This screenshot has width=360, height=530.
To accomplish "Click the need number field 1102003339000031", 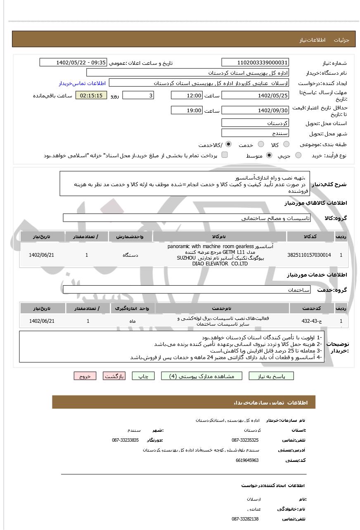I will pos(255,62).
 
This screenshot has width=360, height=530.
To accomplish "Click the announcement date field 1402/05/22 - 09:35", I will pos(73,62).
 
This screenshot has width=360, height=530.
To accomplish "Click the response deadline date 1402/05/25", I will pos(255,95).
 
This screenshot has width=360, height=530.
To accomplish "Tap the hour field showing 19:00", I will pos(187,110).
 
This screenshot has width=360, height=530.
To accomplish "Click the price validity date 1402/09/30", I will pos(255,110).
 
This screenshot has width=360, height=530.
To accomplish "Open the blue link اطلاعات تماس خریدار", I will pos(82,83).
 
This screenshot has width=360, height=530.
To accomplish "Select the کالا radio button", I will pos(286,144).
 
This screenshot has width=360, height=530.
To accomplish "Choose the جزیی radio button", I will pos(298,155).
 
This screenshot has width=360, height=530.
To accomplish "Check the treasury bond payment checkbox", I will pos(225,155).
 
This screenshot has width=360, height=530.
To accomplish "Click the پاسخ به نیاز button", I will pos(271,376).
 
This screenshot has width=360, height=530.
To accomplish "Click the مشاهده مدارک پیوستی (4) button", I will pos(202,376).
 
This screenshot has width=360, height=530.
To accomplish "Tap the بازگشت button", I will pos(114,376).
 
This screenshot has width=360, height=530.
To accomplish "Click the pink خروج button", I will pos(85,376).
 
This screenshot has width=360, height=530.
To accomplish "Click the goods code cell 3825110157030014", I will pos(309,255).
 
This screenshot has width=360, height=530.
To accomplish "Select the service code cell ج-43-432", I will pos(309,321).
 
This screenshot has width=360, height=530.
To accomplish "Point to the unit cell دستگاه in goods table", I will pos(130,255).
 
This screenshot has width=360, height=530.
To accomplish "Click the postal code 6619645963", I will pos(247,460).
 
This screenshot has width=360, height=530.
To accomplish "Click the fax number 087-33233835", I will pos(126,440).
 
